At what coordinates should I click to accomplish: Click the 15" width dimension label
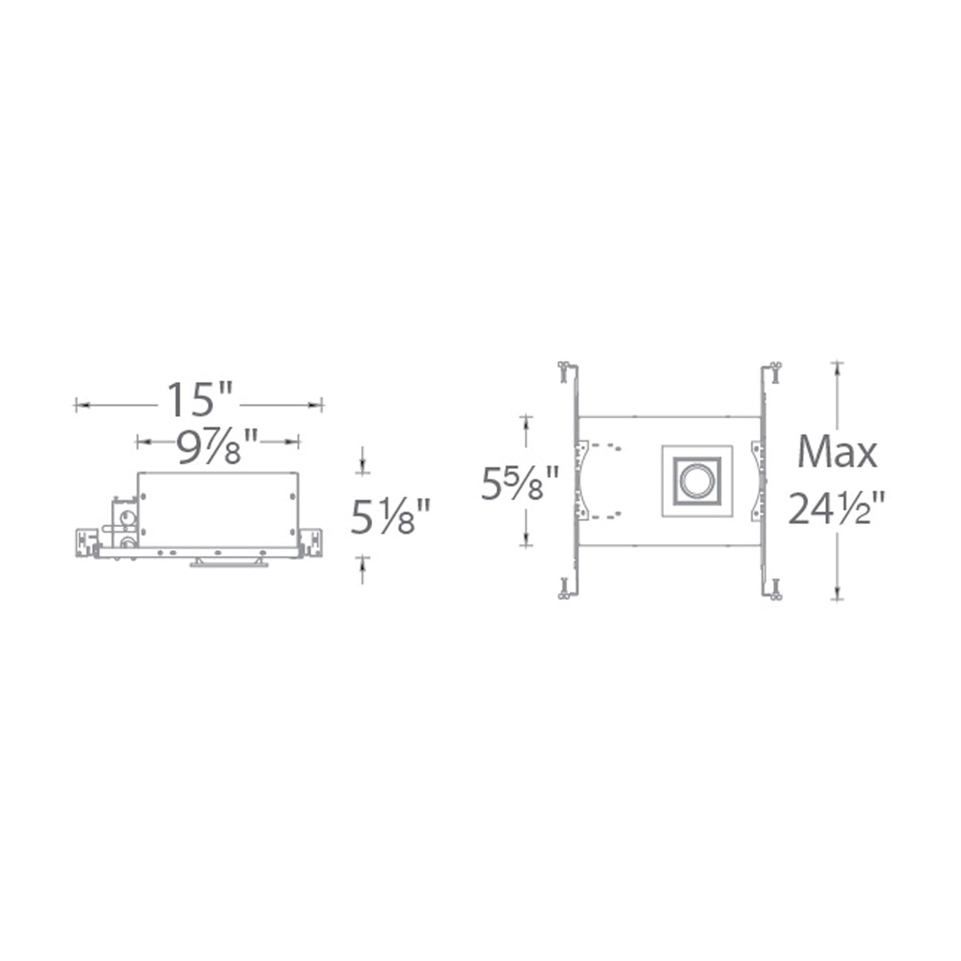199,399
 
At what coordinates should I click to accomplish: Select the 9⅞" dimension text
218,446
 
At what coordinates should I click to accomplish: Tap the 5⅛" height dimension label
390,517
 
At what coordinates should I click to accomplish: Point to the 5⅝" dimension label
520,482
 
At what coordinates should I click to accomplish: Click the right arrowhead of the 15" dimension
315,406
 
